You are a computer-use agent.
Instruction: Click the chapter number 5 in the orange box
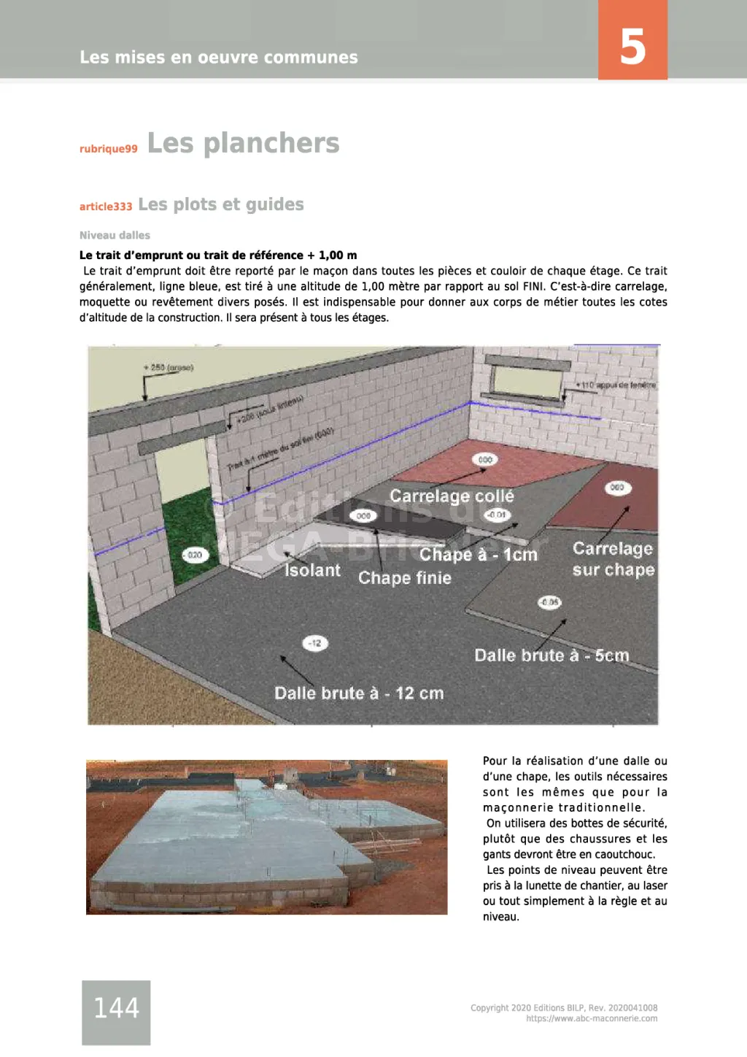click(632, 47)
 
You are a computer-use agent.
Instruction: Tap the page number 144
click(116, 1008)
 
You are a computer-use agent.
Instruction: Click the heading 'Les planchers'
click(243, 143)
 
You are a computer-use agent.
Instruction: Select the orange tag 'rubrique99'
click(108, 149)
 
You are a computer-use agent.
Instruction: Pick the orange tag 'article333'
click(106, 207)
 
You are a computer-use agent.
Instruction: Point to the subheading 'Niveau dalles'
click(115, 235)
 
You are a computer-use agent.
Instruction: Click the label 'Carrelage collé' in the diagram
click(452, 496)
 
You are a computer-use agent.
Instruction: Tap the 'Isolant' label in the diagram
click(312, 570)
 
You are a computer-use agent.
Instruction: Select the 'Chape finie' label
click(404, 578)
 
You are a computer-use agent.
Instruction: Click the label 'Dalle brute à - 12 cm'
click(359, 693)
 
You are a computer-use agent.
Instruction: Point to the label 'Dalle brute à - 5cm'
click(551, 656)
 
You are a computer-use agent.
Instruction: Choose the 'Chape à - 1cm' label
click(479, 555)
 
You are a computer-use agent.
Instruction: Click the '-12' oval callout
click(315, 643)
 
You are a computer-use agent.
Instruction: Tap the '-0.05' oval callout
click(549, 602)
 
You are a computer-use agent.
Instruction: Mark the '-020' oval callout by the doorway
click(195, 555)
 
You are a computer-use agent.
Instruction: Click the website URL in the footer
click(592, 1018)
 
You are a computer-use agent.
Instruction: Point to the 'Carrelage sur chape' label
click(613, 559)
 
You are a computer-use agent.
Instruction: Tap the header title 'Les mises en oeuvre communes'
click(219, 57)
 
